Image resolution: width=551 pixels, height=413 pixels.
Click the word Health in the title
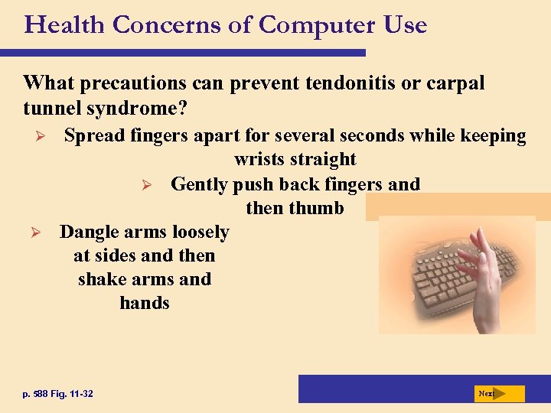click(64, 25)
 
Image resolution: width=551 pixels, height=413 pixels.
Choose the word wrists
click(261, 160)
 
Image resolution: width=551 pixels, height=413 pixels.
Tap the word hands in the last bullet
click(145, 303)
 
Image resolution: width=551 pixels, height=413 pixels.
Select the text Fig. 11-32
click(77, 394)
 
